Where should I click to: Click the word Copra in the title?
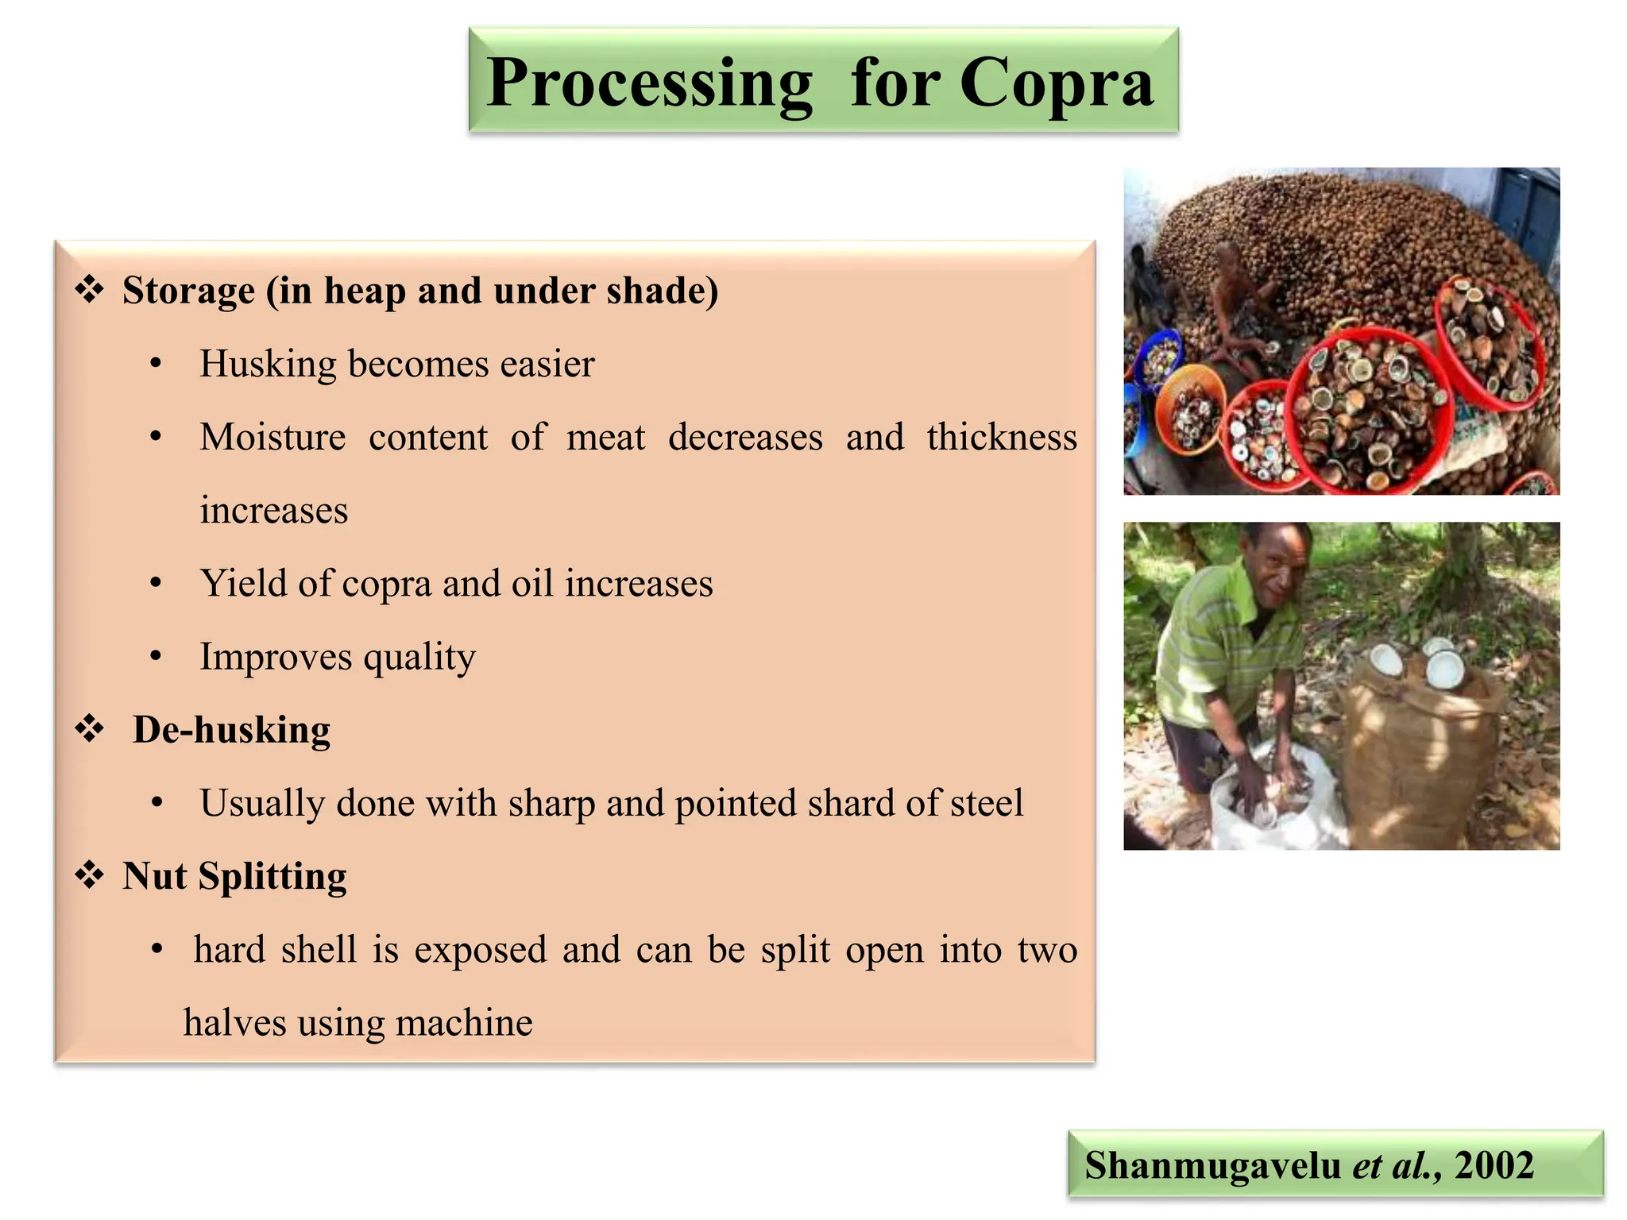coord(1056,83)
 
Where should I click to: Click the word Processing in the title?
coord(649,83)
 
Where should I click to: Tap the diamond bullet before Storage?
coord(89,290)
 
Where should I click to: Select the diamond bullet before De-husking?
coord(89,728)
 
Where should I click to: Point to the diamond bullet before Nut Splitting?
coord(89,875)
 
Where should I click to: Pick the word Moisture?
coord(272,438)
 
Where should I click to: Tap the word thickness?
coord(1001,438)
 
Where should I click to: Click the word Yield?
coord(243,584)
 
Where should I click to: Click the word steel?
coord(987,803)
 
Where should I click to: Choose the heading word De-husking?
coord(231,730)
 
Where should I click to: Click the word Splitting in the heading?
coord(272,877)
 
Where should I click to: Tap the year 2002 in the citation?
coord(1494,1165)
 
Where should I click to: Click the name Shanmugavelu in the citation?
coord(1212,1165)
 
